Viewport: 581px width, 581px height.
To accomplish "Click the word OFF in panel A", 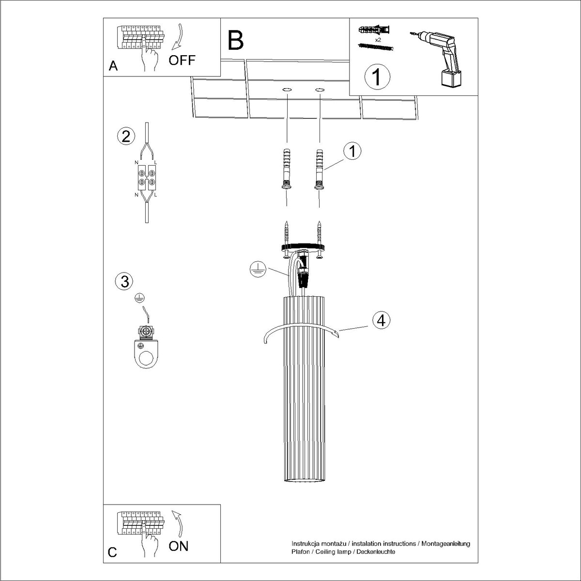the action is pos(182,61).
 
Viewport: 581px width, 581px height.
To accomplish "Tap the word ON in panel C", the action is pos(179,546).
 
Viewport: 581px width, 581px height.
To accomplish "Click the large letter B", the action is pos(235,41).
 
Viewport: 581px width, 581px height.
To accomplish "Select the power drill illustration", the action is pos(438,59).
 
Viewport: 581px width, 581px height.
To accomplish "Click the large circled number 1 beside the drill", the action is pos(377,77).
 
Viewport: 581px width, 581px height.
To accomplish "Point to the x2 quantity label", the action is pos(378,40).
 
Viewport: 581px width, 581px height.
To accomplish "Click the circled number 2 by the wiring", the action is pos(126,136).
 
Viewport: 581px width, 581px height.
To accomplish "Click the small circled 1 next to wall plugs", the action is pos(352,151).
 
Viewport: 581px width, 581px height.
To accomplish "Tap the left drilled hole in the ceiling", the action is pos(287,90).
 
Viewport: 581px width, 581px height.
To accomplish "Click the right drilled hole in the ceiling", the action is pos(320,90).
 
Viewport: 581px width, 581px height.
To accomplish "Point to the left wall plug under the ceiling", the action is pos(287,169).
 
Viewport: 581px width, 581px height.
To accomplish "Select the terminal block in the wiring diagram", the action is pos(147,178).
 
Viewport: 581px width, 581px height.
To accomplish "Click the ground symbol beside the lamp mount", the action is pos(258,269).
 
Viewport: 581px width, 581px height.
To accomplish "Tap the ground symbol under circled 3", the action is pos(139,298).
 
